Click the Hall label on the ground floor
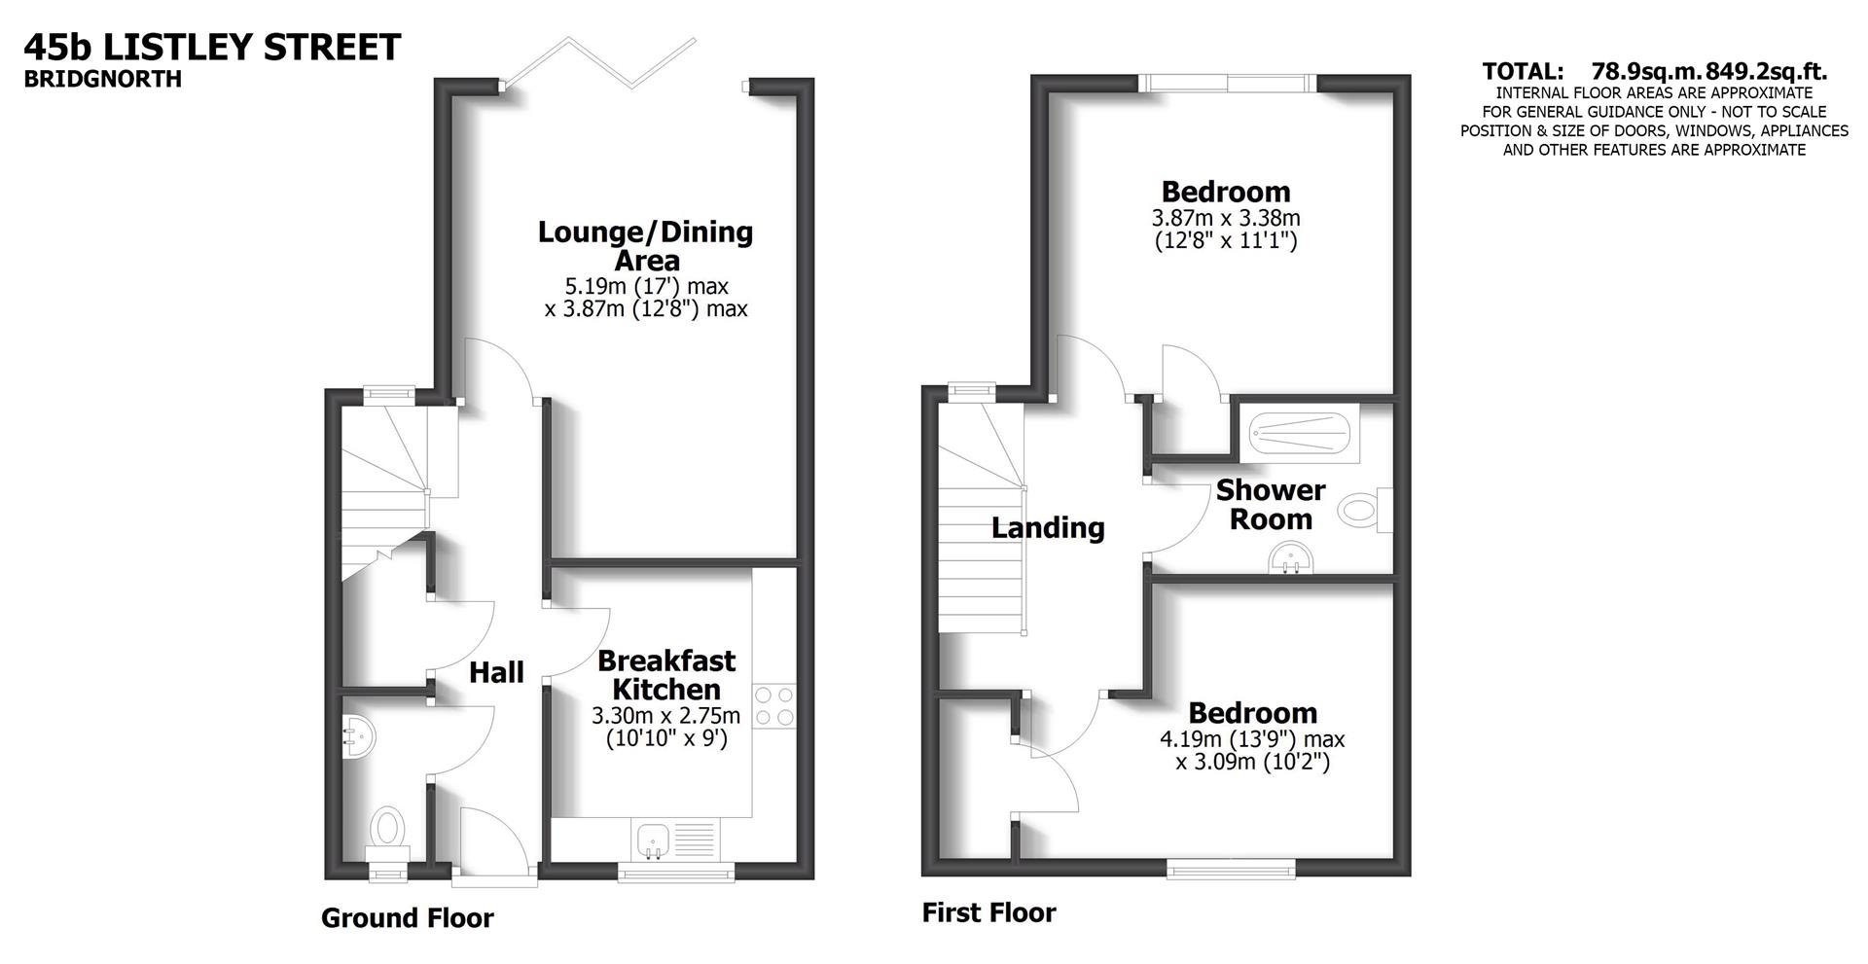496,672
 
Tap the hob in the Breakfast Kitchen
774,706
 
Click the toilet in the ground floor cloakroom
387,828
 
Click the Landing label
1048,528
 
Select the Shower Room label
1271,504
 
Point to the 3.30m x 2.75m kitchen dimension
666,716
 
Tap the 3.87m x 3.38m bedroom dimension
1226,218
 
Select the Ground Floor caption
408,918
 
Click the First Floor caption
988,912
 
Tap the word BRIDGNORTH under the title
103,79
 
